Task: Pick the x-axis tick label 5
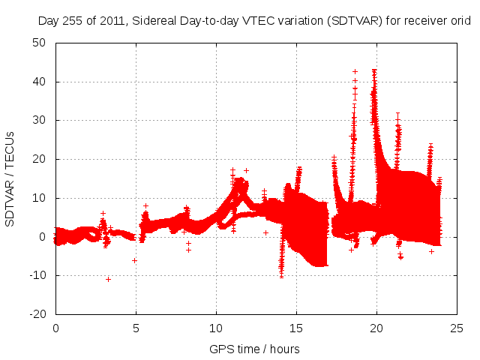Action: [136, 328]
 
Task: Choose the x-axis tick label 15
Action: [297, 328]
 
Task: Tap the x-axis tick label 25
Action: [457, 328]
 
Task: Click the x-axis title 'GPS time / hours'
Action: [256, 349]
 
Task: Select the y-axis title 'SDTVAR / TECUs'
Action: [10, 178]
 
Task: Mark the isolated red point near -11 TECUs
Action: [108, 279]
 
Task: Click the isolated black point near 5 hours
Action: [134, 260]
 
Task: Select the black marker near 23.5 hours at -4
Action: [431, 251]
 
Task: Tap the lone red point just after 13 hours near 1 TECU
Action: [265, 232]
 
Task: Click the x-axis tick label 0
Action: [55, 328]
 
